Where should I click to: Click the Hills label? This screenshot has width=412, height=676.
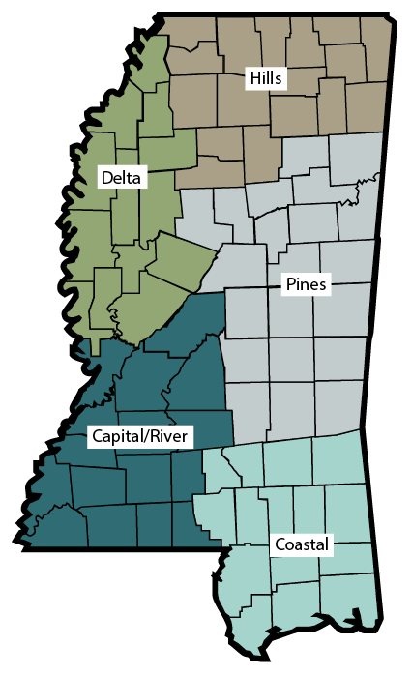(267, 78)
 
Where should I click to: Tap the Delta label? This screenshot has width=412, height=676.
(121, 178)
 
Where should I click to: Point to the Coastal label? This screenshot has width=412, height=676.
(301, 544)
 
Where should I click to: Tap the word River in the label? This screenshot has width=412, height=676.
(170, 436)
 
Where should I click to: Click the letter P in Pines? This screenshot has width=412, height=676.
(289, 285)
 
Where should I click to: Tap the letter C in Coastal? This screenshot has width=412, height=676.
(279, 544)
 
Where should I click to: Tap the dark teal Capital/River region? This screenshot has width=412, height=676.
(184, 367)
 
